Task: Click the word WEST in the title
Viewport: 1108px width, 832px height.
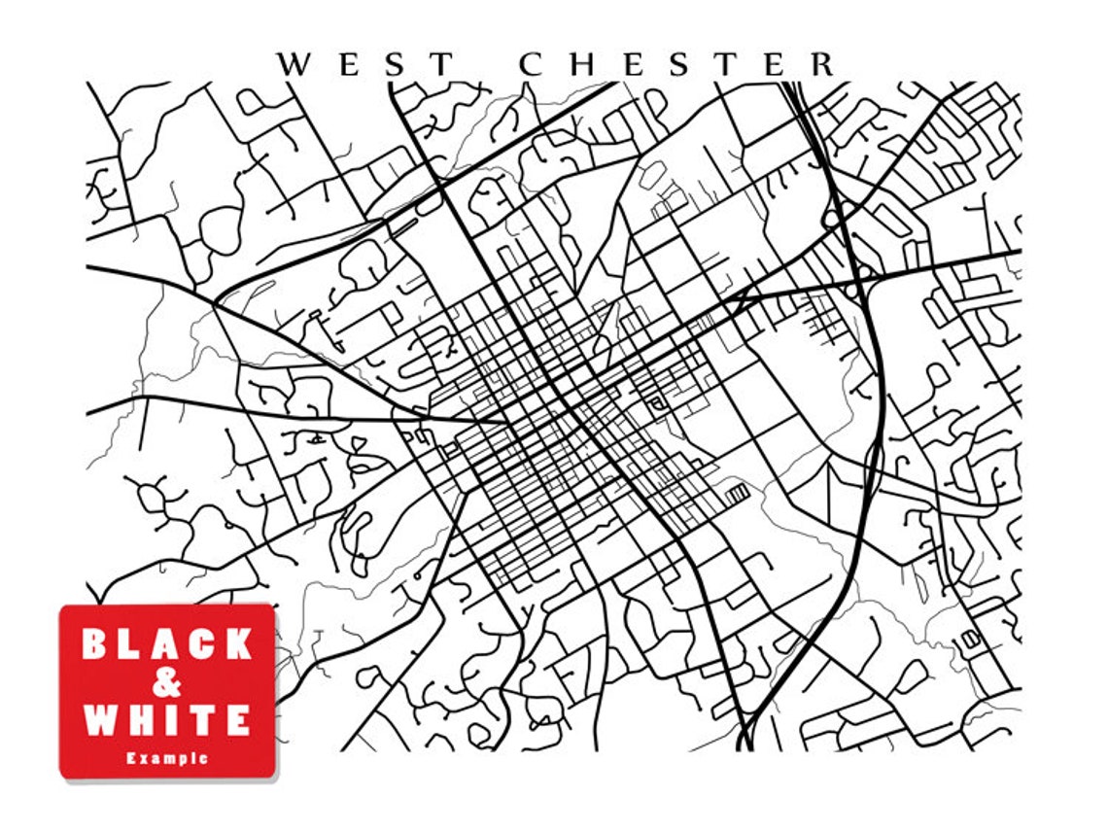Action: (x=365, y=64)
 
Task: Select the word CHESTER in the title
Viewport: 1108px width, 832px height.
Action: (x=677, y=64)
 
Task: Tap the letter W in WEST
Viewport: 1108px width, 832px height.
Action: (x=295, y=64)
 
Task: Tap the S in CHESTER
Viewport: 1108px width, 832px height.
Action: (x=678, y=64)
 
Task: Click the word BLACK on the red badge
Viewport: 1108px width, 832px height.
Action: (x=167, y=643)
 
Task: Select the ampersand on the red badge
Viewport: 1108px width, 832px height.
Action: (x=167, y=682)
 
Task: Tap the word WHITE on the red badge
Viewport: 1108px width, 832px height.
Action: (x=167, y=720)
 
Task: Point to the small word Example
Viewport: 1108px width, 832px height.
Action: (x=167, y=758)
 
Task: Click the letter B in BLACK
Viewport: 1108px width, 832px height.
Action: (x=95, y=643)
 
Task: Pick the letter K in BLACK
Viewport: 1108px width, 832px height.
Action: (x=237, y=643)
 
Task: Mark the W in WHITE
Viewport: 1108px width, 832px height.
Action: (x=100, y=720)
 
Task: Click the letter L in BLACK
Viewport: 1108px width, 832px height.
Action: (x=131, y=643)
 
